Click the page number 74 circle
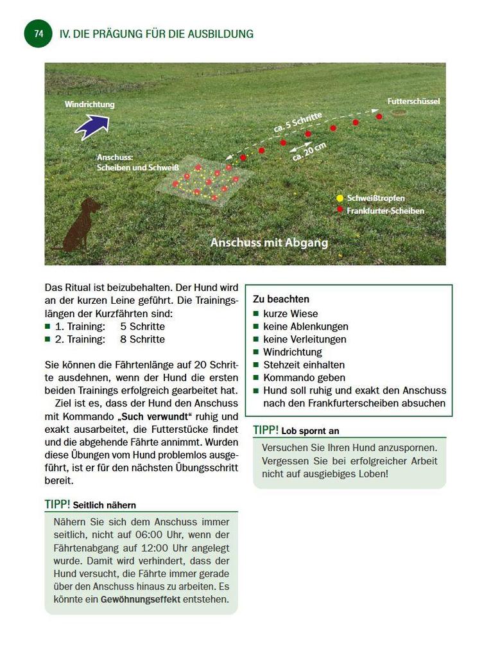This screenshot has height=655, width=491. pos(38,33)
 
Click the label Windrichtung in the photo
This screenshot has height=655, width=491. pos(89,104)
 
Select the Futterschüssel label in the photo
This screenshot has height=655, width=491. pos(413,101)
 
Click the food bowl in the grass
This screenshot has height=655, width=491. pos(399,114)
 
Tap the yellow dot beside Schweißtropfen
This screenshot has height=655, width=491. pos(340,198)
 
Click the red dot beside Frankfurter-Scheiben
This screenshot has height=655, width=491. pos(340,210)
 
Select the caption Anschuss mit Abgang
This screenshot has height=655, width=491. pos(269,243)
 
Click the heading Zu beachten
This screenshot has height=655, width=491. pos(281,299)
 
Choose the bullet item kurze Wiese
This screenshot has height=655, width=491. pos(290,313)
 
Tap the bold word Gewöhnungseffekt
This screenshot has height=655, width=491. pos(140,600)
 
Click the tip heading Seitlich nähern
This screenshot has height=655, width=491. pos(104,505)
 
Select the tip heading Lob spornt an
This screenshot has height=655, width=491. pos(310,431)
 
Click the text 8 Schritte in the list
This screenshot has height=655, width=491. pos(142,339)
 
